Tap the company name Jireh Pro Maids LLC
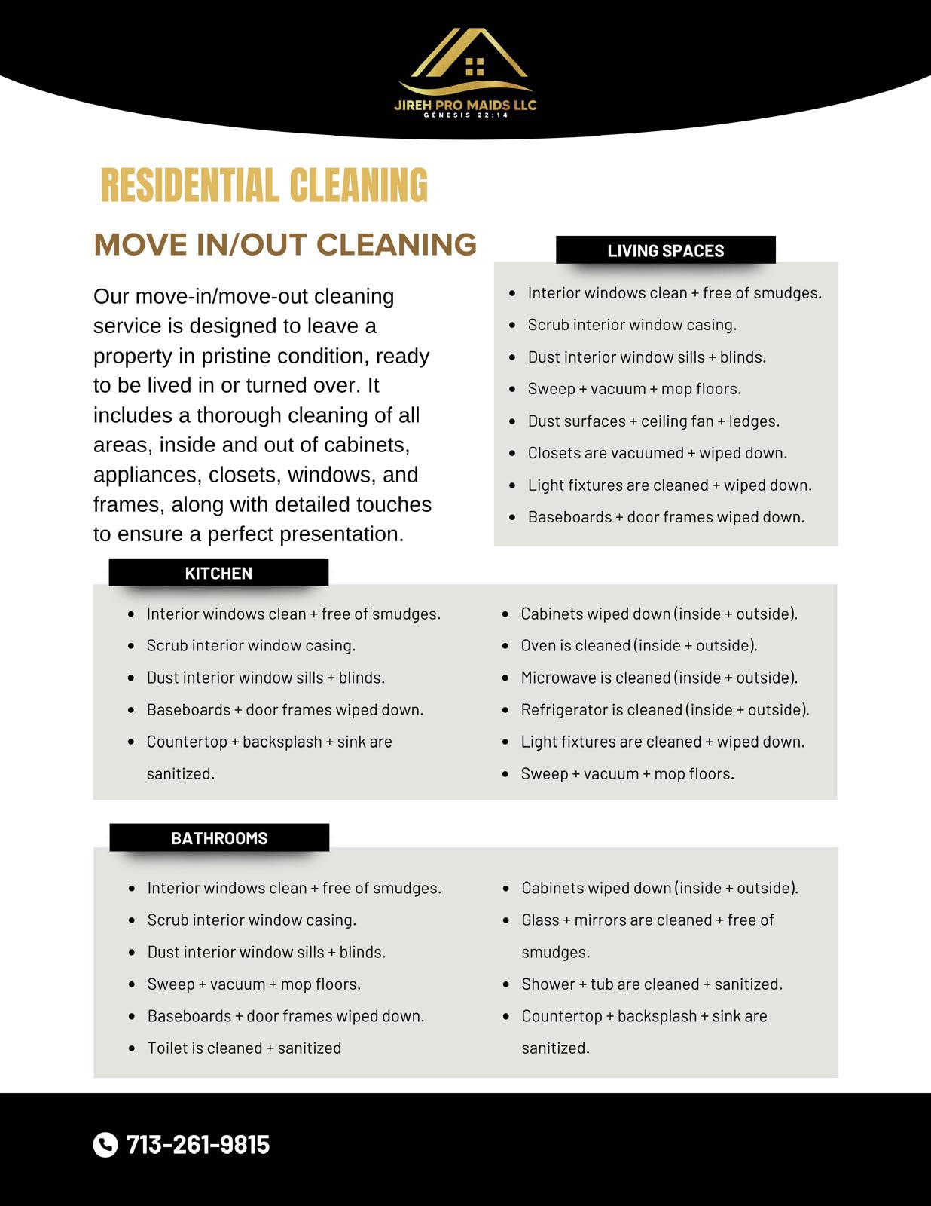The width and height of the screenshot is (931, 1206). point(465,105)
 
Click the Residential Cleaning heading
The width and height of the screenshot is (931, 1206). point(264,186)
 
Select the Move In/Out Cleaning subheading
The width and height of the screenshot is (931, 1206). point(285,245)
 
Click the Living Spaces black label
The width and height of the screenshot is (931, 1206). point(665,251)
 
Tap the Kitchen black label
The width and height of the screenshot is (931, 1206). point(218,573)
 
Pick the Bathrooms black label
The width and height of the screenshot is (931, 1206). point(219,838)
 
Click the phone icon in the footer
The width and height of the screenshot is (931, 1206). point(105,1144)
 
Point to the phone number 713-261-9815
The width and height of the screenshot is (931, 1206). point(198,1144)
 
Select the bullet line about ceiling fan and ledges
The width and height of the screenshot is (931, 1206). point(653,421)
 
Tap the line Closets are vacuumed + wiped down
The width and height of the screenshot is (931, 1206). point(657,453)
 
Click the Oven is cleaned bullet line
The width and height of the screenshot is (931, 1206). point(639,646)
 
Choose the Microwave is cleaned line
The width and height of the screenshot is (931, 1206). point(659,678)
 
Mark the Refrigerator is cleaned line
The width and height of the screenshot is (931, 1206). point(664,710)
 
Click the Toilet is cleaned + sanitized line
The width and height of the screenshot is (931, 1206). point(244,1048)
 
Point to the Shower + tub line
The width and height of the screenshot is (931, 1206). point(652,984)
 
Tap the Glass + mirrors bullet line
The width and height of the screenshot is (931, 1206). point(648,920)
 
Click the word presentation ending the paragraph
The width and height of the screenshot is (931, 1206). point(342,534)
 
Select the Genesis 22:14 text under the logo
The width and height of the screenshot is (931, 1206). point(465,115)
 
